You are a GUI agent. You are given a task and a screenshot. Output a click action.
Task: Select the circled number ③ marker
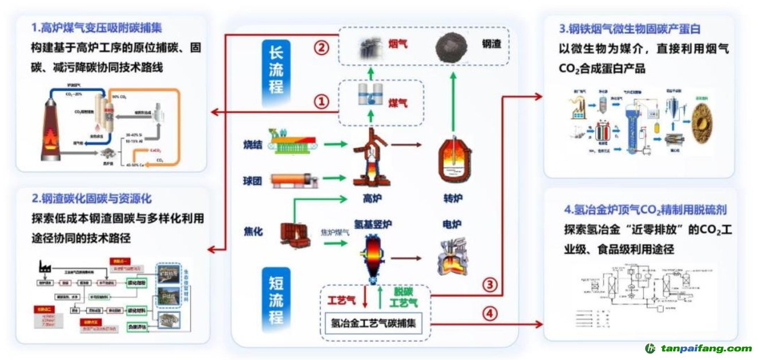click(489, 284)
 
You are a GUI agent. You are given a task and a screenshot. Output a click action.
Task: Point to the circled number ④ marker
click(489, 314)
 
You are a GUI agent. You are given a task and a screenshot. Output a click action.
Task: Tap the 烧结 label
click(252, 144)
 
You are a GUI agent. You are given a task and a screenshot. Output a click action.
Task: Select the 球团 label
click(252, 181)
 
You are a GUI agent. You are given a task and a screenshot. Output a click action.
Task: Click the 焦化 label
click(252, 232)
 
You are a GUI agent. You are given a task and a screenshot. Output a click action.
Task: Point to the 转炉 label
click(453, 198)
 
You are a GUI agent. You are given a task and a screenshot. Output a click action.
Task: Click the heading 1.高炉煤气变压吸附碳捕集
click(97, 27)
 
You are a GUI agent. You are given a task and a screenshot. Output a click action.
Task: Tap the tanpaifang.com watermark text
click(706, 348)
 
